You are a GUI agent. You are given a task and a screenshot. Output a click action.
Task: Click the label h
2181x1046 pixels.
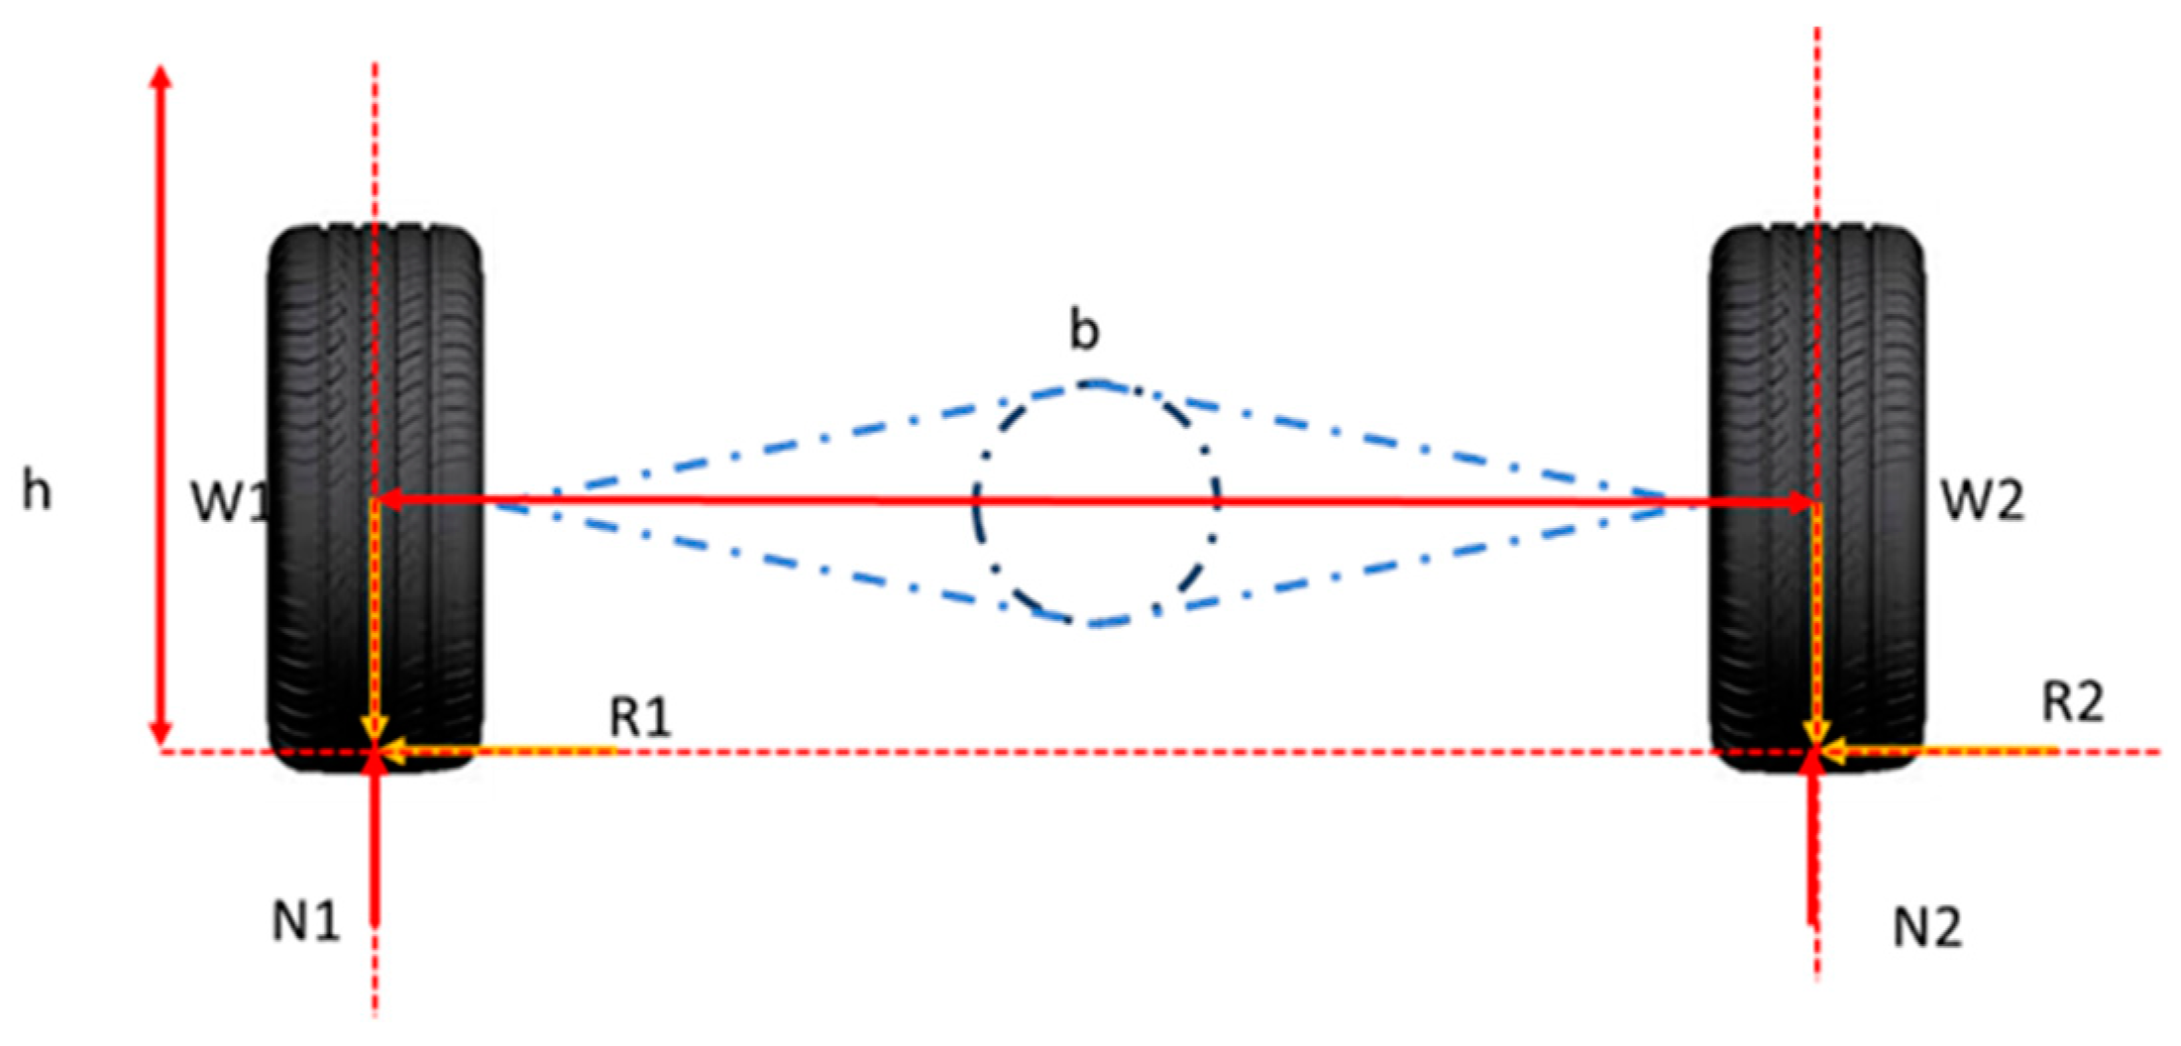(37, 491)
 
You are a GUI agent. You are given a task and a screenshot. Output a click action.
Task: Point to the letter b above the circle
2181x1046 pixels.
(1085, 330)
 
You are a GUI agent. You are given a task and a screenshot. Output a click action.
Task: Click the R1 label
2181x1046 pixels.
(640, 716)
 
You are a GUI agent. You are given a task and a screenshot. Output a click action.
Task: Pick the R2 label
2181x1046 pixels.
(2072, 702)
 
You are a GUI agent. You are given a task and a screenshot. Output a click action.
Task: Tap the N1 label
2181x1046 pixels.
(306, 922)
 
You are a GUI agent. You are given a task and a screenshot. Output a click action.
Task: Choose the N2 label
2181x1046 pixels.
(1927, 928)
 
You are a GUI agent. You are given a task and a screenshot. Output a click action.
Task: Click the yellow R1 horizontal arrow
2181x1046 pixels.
(495, 752)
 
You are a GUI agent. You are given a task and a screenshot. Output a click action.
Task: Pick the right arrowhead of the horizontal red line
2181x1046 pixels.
(1799, 502)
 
